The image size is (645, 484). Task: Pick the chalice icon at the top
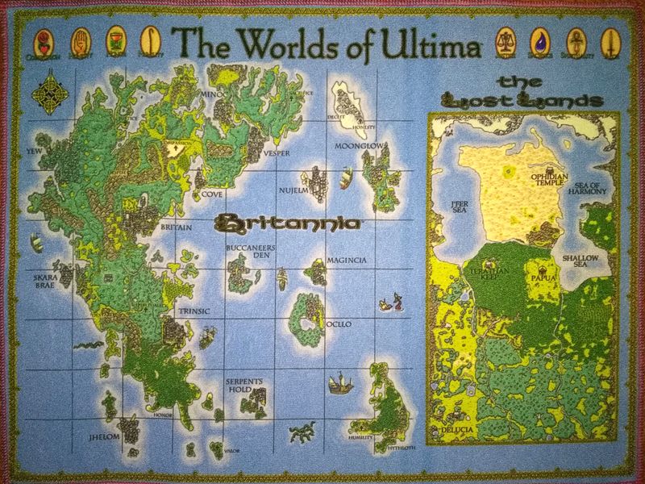tap(116, 39)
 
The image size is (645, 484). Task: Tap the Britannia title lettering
tap(287, 221)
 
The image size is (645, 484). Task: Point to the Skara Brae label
tap(44, 279)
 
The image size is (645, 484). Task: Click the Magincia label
tap(347, 261)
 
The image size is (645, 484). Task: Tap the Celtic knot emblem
tap(43, 89)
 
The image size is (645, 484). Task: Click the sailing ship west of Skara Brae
tap(36, 241)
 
